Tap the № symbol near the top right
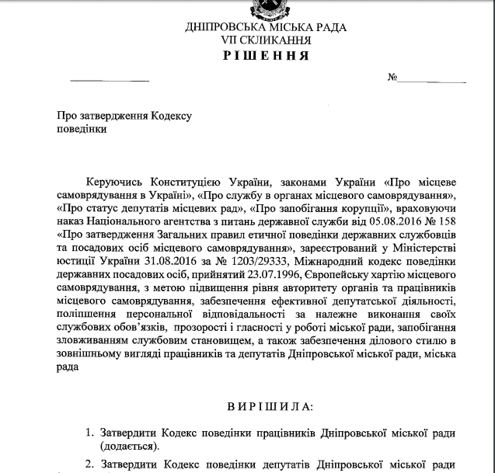click(x=392, y=79)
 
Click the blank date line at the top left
click(x=110, y=81)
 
